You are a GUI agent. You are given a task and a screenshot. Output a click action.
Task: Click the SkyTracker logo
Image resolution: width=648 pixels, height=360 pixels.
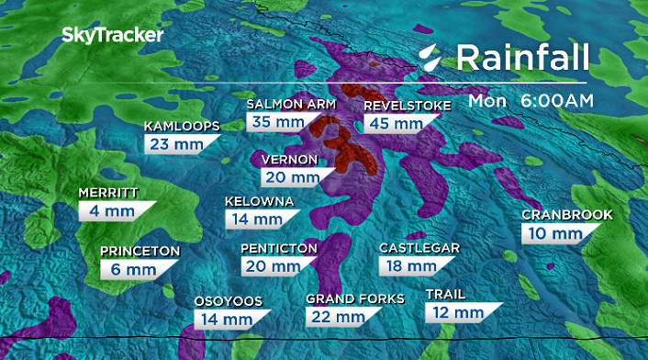pyautogui.click(x=113, y=36)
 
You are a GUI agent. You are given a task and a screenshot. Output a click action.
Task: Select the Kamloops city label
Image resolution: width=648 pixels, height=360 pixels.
pyautogui.click(x=181, y=127)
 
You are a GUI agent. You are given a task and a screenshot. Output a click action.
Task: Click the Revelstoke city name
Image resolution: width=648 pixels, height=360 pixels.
pyautogui.click(x=408, y=106)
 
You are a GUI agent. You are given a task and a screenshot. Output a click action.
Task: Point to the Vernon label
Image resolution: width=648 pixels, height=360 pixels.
pyautogui.click(x=290, y=160)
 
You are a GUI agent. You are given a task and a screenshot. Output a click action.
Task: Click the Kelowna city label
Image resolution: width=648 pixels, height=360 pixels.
pyautogui.click(x=260, y=202)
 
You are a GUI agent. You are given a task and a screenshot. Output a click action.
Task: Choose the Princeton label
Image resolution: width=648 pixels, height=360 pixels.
pyautogui.click(x=140, y=251)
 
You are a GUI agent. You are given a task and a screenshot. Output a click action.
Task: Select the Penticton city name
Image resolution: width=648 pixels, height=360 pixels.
pyautogui.click(x=279, y=248)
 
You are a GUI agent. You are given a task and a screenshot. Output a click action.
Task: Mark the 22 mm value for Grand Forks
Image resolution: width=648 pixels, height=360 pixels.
pyautogui.click(x=337, y=317)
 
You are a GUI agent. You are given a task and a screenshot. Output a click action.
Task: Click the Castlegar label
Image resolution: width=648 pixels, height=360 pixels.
pyautogui.click(x=419, y=248)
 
